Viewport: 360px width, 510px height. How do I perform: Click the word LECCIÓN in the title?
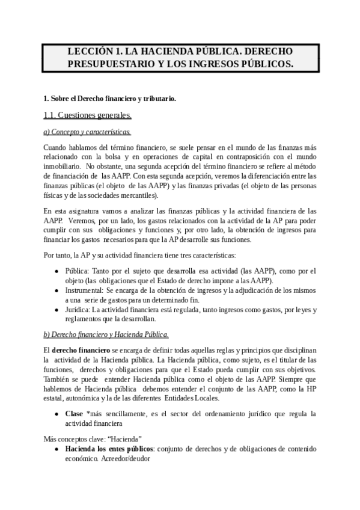click(90, 52)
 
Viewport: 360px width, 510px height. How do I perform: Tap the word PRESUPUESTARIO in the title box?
click(111, 64)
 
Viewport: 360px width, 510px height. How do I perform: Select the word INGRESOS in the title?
click(225, 64)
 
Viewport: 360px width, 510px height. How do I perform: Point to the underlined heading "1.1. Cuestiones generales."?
click(88, 115)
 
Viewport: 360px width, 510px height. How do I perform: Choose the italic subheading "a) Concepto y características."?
click(87, 132)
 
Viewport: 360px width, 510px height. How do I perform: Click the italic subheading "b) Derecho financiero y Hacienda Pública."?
click(106, 334)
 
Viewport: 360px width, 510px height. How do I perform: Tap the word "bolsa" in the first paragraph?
click(112, 157)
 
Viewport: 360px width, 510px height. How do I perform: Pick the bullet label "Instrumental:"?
click(85, 290)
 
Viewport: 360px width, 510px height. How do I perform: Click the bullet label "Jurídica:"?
click(80, 310)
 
